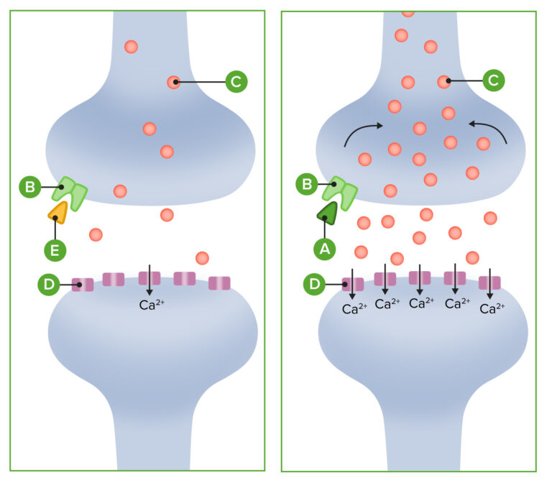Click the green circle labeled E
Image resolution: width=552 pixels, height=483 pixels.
[55, 250]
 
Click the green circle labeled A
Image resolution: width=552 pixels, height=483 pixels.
[326, 249]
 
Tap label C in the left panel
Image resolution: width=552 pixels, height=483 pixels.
[236, 82]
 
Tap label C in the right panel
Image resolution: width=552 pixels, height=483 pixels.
[492, 81]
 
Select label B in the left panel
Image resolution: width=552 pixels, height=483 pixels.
[30, 188]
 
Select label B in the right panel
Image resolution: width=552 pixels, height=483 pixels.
[307, 184]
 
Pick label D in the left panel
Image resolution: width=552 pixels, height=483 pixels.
[48, 285]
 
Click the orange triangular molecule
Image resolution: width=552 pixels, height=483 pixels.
[57, 211]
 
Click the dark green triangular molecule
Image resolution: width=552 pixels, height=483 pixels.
[328, 211]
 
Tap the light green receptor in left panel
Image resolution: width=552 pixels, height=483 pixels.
[73, 192]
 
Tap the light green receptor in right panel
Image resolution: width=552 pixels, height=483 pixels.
[341, 190]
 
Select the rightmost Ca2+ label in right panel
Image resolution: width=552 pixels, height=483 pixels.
[492, 309]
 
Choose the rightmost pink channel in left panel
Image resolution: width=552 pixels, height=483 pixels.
[219, 283]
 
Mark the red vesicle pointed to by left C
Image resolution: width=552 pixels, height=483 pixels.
[173, 82]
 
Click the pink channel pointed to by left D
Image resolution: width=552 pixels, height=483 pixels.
[83, 285]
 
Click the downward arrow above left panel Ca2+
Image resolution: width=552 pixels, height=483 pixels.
[149, 279]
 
